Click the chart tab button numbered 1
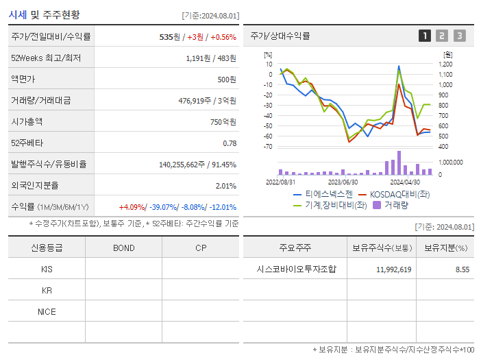[425, 36]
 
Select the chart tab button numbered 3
[459, 36]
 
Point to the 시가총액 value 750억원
[222, 122]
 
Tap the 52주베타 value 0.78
[230, 143]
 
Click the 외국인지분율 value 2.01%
[225, 186]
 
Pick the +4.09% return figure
[132, 207]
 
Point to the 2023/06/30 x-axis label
[343, 182]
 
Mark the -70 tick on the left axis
[267, 147]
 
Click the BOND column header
[123, 248]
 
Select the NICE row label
[47, 312]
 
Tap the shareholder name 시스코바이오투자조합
[295, 269]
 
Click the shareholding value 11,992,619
[393, 269]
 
